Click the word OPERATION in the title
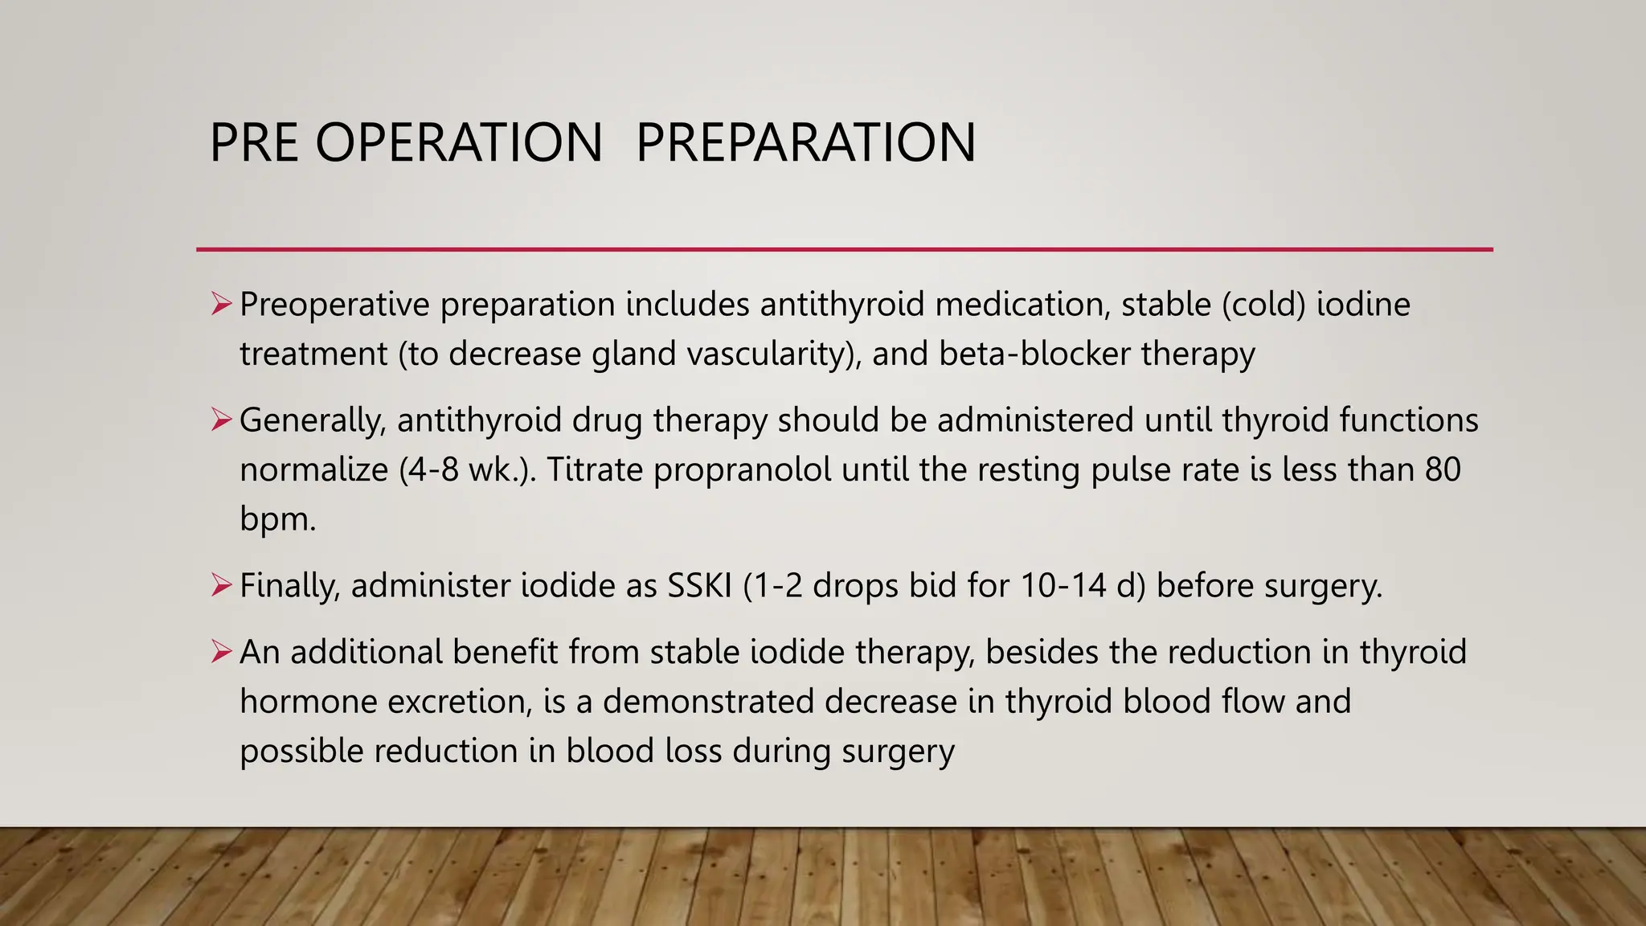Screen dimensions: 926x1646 (458, 143)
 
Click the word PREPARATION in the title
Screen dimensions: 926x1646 (805, 143)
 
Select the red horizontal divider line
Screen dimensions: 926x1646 (844, 249)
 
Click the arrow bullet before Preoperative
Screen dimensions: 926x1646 (221, 304)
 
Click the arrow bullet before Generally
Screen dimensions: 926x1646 (221, 420)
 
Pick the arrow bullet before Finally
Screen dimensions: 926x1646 (221, 584)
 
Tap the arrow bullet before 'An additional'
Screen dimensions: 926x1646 (221, 651)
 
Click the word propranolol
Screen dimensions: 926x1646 (742, 469)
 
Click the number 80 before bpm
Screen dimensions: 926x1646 (1443, 469)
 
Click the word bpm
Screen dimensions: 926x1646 (277, 519)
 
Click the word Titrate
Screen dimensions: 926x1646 (594, 469)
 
